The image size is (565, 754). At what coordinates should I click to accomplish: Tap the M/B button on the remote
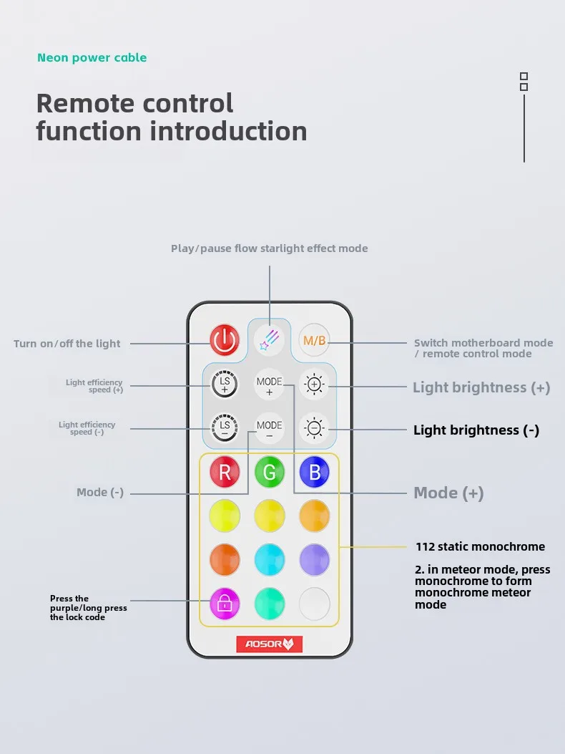pyautogui.click(x=314, y=340)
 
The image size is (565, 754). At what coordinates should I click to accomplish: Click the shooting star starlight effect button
pyautogui.click(x=269, y=339)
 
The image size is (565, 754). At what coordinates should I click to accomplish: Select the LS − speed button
pyautogui.click(x=225, y=427)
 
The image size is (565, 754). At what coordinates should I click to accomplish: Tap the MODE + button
pyautogui.click(x=269, y=385)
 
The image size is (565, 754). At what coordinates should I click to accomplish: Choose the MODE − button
pyautogui.click(x=269, y=428)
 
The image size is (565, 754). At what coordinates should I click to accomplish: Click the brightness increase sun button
pyautogui.click(x=314, y=385)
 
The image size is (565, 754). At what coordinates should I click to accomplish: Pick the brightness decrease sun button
pyautogui.click(x=314, y=428)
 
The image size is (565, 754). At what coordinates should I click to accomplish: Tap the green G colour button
pyautogui.click(x=270, y=472)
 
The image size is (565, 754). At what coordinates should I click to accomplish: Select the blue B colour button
pyautogui.click(x=314, y=472)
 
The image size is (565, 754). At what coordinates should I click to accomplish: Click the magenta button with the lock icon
pyautogui.click(x=225, y=604)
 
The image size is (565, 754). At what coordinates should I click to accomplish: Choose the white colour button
pyautogui.click(x=314, y=604)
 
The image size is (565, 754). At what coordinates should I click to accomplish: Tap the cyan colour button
pyautogui.click(x=270, y=560)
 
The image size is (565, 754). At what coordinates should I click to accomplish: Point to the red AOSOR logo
pyautogui.click(x=269, y=644)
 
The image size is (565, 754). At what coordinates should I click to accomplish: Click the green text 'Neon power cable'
pyautogui.click(x=92, y=58)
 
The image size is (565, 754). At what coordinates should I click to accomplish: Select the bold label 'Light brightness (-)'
pyautogui.click(x=476, y=430)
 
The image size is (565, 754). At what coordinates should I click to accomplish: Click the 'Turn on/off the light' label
pyautogui.click(x=67, y=343)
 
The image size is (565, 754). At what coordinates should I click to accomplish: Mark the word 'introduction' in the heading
pyautogui.click(x=228, y=131)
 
